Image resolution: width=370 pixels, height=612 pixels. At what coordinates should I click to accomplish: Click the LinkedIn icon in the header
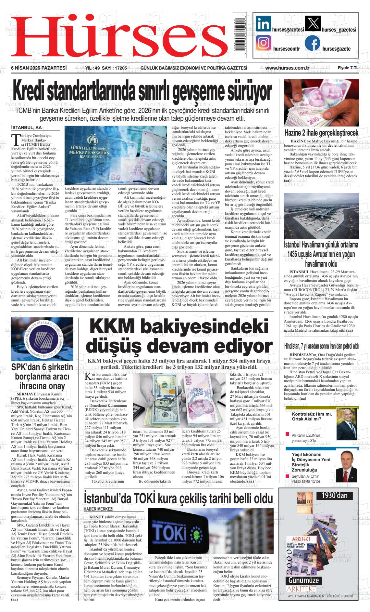click(x=263, y=24)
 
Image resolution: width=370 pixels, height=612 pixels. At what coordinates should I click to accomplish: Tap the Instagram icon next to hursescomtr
click(x=263, y=43)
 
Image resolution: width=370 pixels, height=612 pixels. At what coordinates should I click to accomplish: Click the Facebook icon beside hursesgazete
click(x=312, y=43)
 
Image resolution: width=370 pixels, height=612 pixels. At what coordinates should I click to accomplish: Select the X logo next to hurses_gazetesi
click(x=313, y=24)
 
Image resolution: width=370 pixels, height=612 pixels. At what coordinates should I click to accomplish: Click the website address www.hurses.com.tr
click(x=287, y=68)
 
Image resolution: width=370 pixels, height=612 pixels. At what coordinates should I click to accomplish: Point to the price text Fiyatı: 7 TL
click(x=348, y=68)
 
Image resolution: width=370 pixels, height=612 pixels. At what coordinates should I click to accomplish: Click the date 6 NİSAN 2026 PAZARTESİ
click(x=39, y=68)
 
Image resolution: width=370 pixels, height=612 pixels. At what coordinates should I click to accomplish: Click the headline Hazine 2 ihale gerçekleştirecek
click(x=321, y=133)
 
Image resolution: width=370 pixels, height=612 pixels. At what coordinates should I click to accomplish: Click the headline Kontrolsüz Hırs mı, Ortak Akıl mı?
click(x=312, y=417)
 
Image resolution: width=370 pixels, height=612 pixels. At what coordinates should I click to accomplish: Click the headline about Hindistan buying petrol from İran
click(x=321, y=345)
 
